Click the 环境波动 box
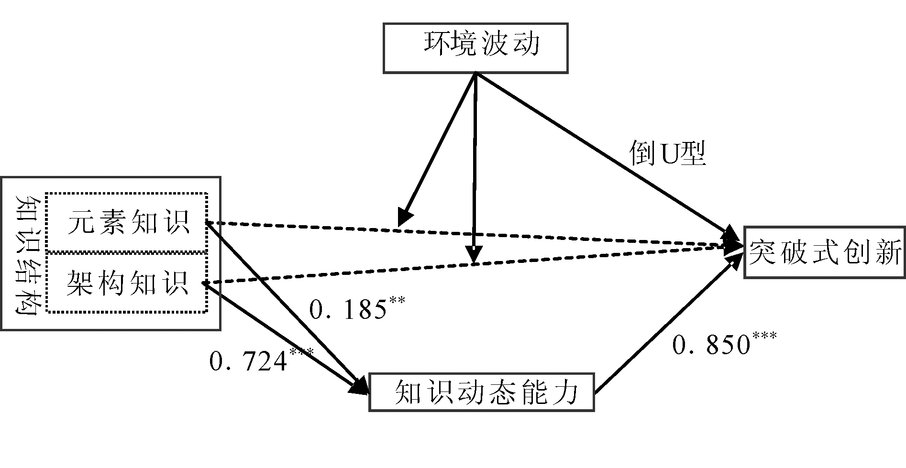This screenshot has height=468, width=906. click(x=475, y=47)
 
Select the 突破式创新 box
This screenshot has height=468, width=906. click(x=825, y=252)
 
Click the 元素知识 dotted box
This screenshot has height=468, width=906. click(x=127, y=222)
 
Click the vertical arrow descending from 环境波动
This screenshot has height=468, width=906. click(x=474, y=167)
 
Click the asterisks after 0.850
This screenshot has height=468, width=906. click(x=764, y=335)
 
